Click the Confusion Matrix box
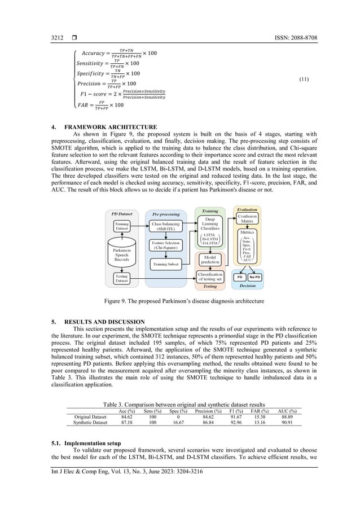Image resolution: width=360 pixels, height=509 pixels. click(x=247, y=219)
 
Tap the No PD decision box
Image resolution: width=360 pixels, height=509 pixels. click(x=255, y=277)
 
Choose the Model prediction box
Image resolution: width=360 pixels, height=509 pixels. click(x=210, y=259)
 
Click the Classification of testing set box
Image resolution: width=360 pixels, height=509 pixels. click(x=210, y=277)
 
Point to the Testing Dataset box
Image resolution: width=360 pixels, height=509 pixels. click(x=121, y=278)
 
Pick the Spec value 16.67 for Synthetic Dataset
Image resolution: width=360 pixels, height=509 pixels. click(x=178, y=422)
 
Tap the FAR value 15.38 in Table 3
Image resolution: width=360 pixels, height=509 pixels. click(x=259, y=416)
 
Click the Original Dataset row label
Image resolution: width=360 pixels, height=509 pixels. click(x=90, y=416)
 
